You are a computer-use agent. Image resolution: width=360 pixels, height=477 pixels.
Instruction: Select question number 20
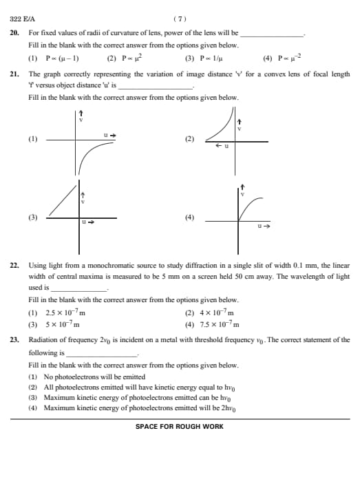pos(14,32)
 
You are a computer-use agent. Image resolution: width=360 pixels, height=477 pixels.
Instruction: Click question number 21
pos(14,73)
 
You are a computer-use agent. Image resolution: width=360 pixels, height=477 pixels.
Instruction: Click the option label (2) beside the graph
pos(190,139)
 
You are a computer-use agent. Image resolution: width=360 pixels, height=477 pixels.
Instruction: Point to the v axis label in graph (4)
pos(242,193)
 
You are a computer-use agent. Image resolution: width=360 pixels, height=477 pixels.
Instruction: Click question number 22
pos(14,264)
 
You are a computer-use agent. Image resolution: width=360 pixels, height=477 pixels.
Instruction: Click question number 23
pos(14,339)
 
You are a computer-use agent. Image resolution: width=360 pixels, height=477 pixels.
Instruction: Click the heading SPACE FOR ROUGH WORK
pos(180,427)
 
